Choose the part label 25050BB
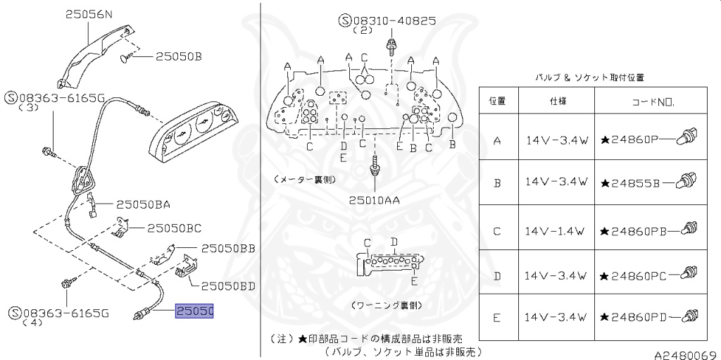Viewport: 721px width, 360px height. point(227,249)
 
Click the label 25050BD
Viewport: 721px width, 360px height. point(227,286)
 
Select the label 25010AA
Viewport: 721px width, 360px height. point(374,200)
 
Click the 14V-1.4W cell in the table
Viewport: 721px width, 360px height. point(556,231)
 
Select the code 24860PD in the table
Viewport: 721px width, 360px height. point(629,319)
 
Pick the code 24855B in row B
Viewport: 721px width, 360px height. point(629,183)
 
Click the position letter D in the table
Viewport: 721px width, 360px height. point(497,275)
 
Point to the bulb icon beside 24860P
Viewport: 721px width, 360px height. point(686,138)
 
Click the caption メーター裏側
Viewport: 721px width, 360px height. point(301,180)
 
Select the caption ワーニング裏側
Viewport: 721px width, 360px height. point(386,306)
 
